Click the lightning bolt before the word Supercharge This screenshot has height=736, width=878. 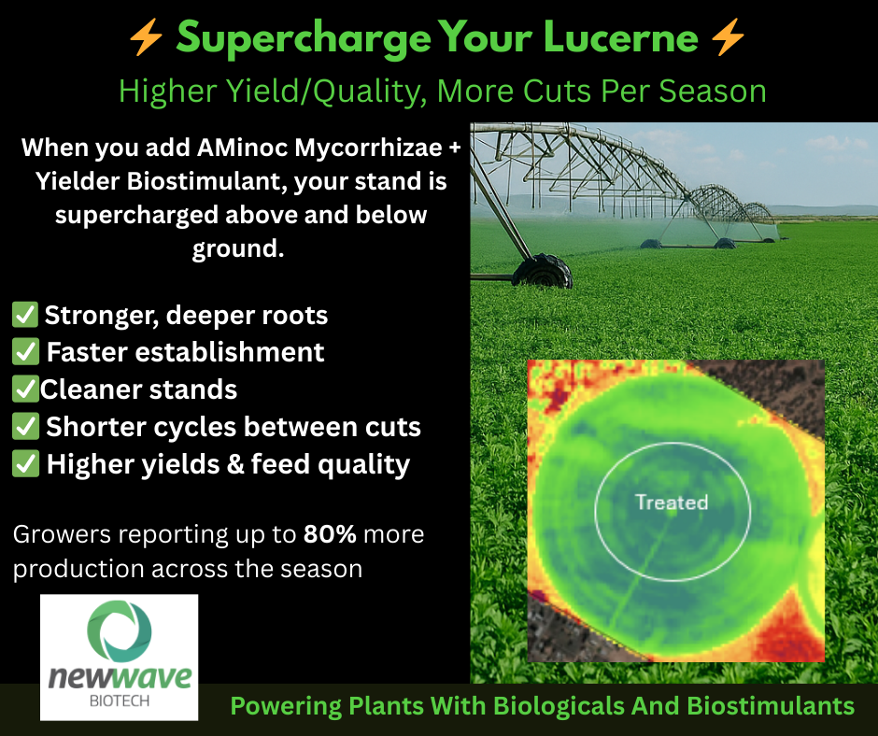(x=146, y=37)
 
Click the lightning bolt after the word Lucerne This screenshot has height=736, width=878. (x=728, y=37)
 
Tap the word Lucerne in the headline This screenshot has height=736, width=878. (x=620, y=37)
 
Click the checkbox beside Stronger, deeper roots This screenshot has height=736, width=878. (x=25, y=314)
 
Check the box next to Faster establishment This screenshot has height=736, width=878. (x=25, y=351)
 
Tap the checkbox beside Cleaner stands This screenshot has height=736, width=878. (x=25, y=389)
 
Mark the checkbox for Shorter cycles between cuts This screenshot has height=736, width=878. (x=25, y=426)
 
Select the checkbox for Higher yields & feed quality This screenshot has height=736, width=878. (x=25, y=464)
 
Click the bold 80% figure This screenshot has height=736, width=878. (x=330, y=534)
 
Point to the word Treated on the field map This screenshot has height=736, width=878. (x=672, y=502)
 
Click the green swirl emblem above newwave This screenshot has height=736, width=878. (x=120, y=631)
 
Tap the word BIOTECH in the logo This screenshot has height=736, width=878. (x=120, y=701)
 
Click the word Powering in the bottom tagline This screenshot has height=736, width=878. (x=286, y=706)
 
